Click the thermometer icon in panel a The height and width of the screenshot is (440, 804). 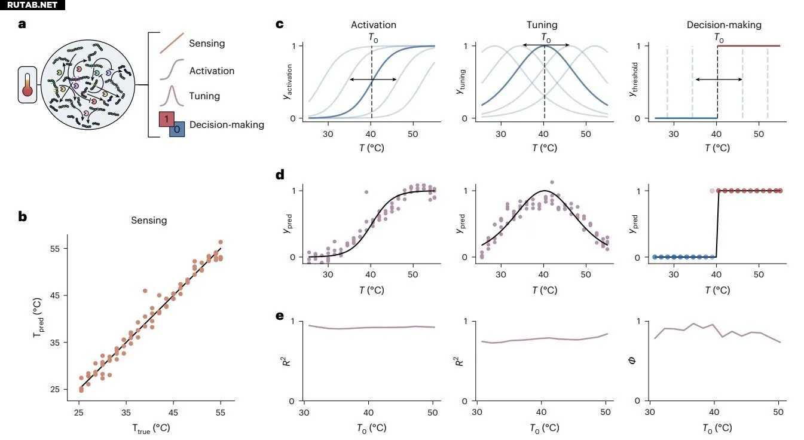point(27,84)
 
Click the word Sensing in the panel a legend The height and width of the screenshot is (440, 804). point(207,43)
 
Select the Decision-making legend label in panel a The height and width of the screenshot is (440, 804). point(227,125)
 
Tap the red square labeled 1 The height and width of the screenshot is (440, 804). point(166,120)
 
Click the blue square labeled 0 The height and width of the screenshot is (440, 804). point(176,129)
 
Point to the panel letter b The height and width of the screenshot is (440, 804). point(22,216)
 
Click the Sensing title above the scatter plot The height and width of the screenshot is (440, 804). point(149,221)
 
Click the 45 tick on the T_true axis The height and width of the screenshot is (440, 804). point(173,412)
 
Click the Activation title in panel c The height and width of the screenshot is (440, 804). point(373,25)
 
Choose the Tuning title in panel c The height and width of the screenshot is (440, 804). point(542,25)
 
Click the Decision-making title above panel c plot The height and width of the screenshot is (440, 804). point(723,25)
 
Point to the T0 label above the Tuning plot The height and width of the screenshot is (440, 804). point(546,37)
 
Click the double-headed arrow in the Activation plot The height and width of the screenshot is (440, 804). point(373,80)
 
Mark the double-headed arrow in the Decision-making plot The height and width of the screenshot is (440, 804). point(719,80)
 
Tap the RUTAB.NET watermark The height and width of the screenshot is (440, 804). point(32,5)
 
